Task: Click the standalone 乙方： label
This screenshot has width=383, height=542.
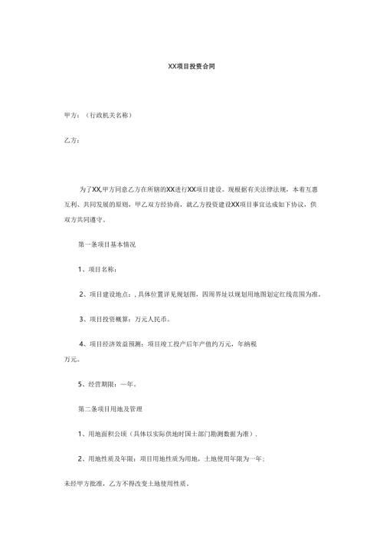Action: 70,141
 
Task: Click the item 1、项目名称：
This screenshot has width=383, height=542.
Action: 97,269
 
